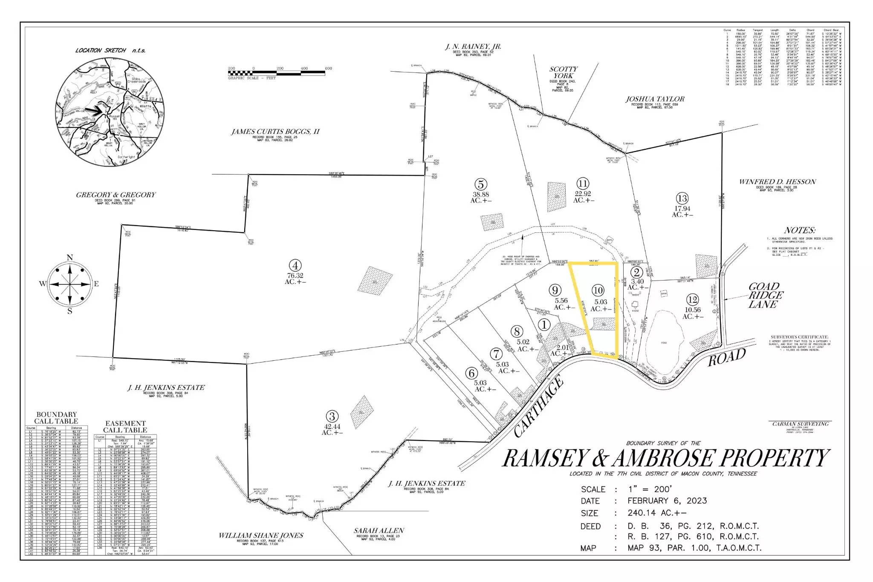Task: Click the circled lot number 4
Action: [295, 265]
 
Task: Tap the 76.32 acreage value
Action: [295, 275]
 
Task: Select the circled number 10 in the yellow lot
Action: [598, 290]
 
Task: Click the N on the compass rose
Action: [70, 258]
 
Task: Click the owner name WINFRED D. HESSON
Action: [778, 182]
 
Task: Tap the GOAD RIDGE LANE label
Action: [766, 295]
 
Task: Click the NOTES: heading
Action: [799, 230]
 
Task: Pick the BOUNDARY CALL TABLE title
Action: [56, 417]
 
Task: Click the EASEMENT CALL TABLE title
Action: [125, 426]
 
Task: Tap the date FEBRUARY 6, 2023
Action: [667, 501]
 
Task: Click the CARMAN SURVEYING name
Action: [801, 424]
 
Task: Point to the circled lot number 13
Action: [682, 198]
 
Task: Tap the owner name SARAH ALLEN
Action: [379, 530]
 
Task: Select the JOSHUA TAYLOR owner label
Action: [655, 99]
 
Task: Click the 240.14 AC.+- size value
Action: [657, 513]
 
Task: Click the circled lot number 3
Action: [332, 416]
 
